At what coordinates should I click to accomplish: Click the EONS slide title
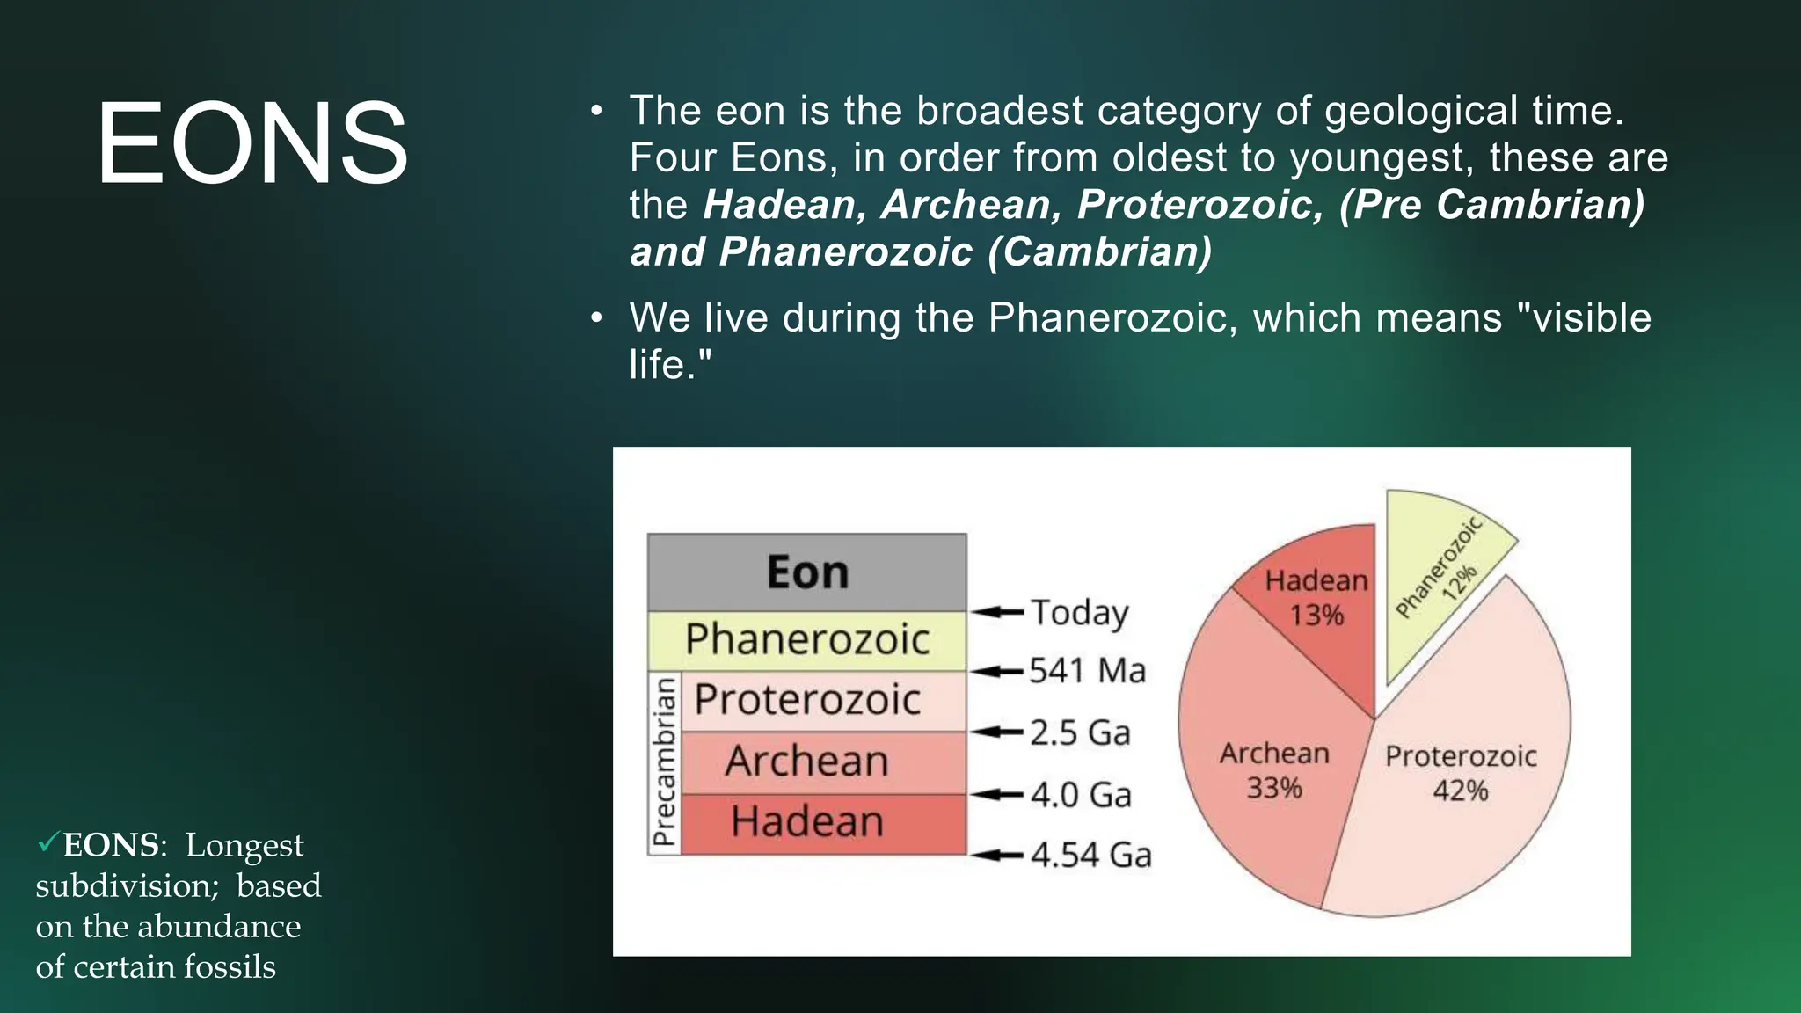click(x=252, y=143)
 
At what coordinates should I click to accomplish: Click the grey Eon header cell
click(x=806, y=572)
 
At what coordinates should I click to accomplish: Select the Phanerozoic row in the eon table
click(x=806, y=639)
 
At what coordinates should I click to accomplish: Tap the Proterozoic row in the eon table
click(x=806, y=701)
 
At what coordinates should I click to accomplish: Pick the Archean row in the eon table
click(x=806, y=762)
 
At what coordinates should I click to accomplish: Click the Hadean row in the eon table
click(x=806, y=822)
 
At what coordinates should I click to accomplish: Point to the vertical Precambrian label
click(x=665, y=762)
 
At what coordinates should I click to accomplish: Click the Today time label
click(x=1079, y=612)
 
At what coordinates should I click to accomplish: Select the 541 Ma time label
click(x=1088, y=671)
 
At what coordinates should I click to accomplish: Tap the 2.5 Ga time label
click(x=1080, y=732)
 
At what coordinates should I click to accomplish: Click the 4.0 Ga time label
click(x=1081, y=795)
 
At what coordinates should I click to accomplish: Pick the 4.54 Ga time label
click(x=1090, y=855)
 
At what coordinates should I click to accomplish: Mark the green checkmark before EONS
click(x=47, y=843)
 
